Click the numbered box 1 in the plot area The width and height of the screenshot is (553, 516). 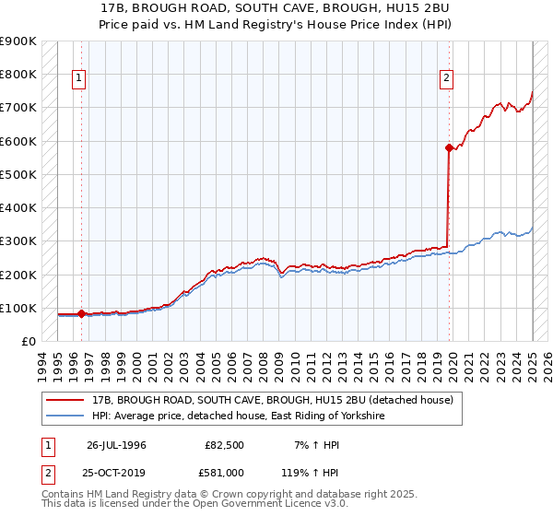point(79,79)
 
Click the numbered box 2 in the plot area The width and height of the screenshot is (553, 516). point(446,79)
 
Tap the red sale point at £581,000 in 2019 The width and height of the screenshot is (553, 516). point(449,147)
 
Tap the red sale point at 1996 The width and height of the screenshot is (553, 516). point(81,313)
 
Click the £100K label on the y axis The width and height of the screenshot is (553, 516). point(18,308)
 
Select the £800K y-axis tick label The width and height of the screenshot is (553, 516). point(18,74)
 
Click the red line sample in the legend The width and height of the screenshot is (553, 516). point(66,401)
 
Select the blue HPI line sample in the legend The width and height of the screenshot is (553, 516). point(66,416)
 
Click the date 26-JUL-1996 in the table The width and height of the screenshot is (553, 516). point(116,446)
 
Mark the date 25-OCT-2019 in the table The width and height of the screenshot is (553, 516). point(117,474)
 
